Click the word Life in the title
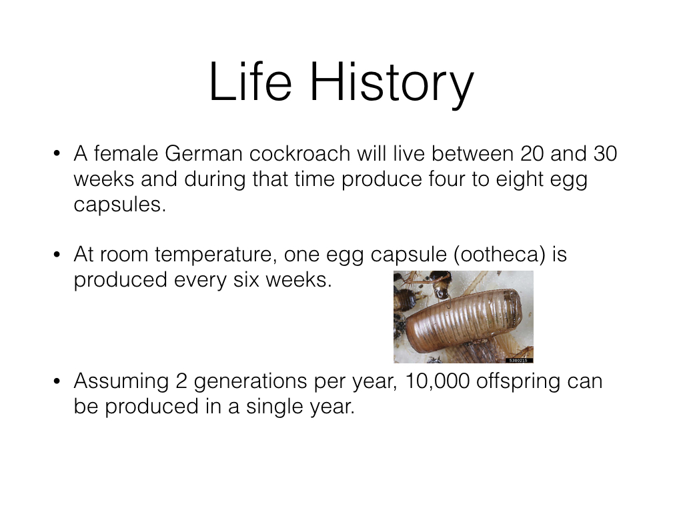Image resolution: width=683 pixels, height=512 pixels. pos(251,81)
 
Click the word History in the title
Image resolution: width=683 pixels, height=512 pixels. pos(392,85)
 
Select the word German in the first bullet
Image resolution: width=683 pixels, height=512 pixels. pos(203,154)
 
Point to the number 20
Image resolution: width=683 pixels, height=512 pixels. pos(532,154)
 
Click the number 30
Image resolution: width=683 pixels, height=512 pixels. pos(606,154)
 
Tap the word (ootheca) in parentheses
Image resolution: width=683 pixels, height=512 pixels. pos(500,255)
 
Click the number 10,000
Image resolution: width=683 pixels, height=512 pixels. pos(438,382)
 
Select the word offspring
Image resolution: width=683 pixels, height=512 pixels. pos(518,382)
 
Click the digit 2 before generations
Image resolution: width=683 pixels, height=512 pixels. pos(181,381)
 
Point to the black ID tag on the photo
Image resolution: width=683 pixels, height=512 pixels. pos(519,361)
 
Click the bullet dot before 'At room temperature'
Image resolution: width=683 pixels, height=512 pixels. pos(57,254)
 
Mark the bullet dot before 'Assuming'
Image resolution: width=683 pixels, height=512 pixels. pos(57,381)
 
